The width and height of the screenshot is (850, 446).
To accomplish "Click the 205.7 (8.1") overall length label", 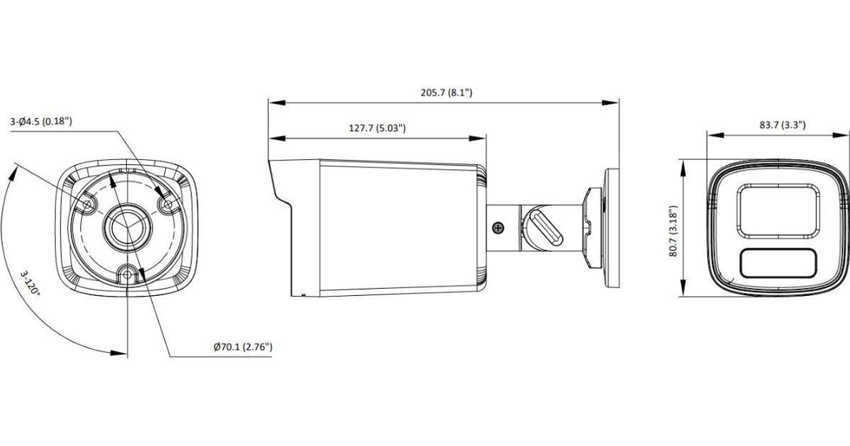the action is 446,93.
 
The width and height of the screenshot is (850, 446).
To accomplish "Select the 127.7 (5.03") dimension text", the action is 377,128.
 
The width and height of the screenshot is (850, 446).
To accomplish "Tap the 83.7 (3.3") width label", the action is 783,125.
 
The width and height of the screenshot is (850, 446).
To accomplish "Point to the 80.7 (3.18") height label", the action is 673,231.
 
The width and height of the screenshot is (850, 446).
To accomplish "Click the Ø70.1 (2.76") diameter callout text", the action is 243,347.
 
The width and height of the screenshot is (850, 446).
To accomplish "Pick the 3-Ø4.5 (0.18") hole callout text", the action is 41,122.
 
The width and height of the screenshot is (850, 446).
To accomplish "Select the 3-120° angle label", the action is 30,283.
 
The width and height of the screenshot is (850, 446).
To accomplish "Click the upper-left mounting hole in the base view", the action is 87,205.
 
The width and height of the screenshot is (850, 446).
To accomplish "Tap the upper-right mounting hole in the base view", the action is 167,205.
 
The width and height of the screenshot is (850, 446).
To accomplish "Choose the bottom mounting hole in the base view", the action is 127,274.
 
